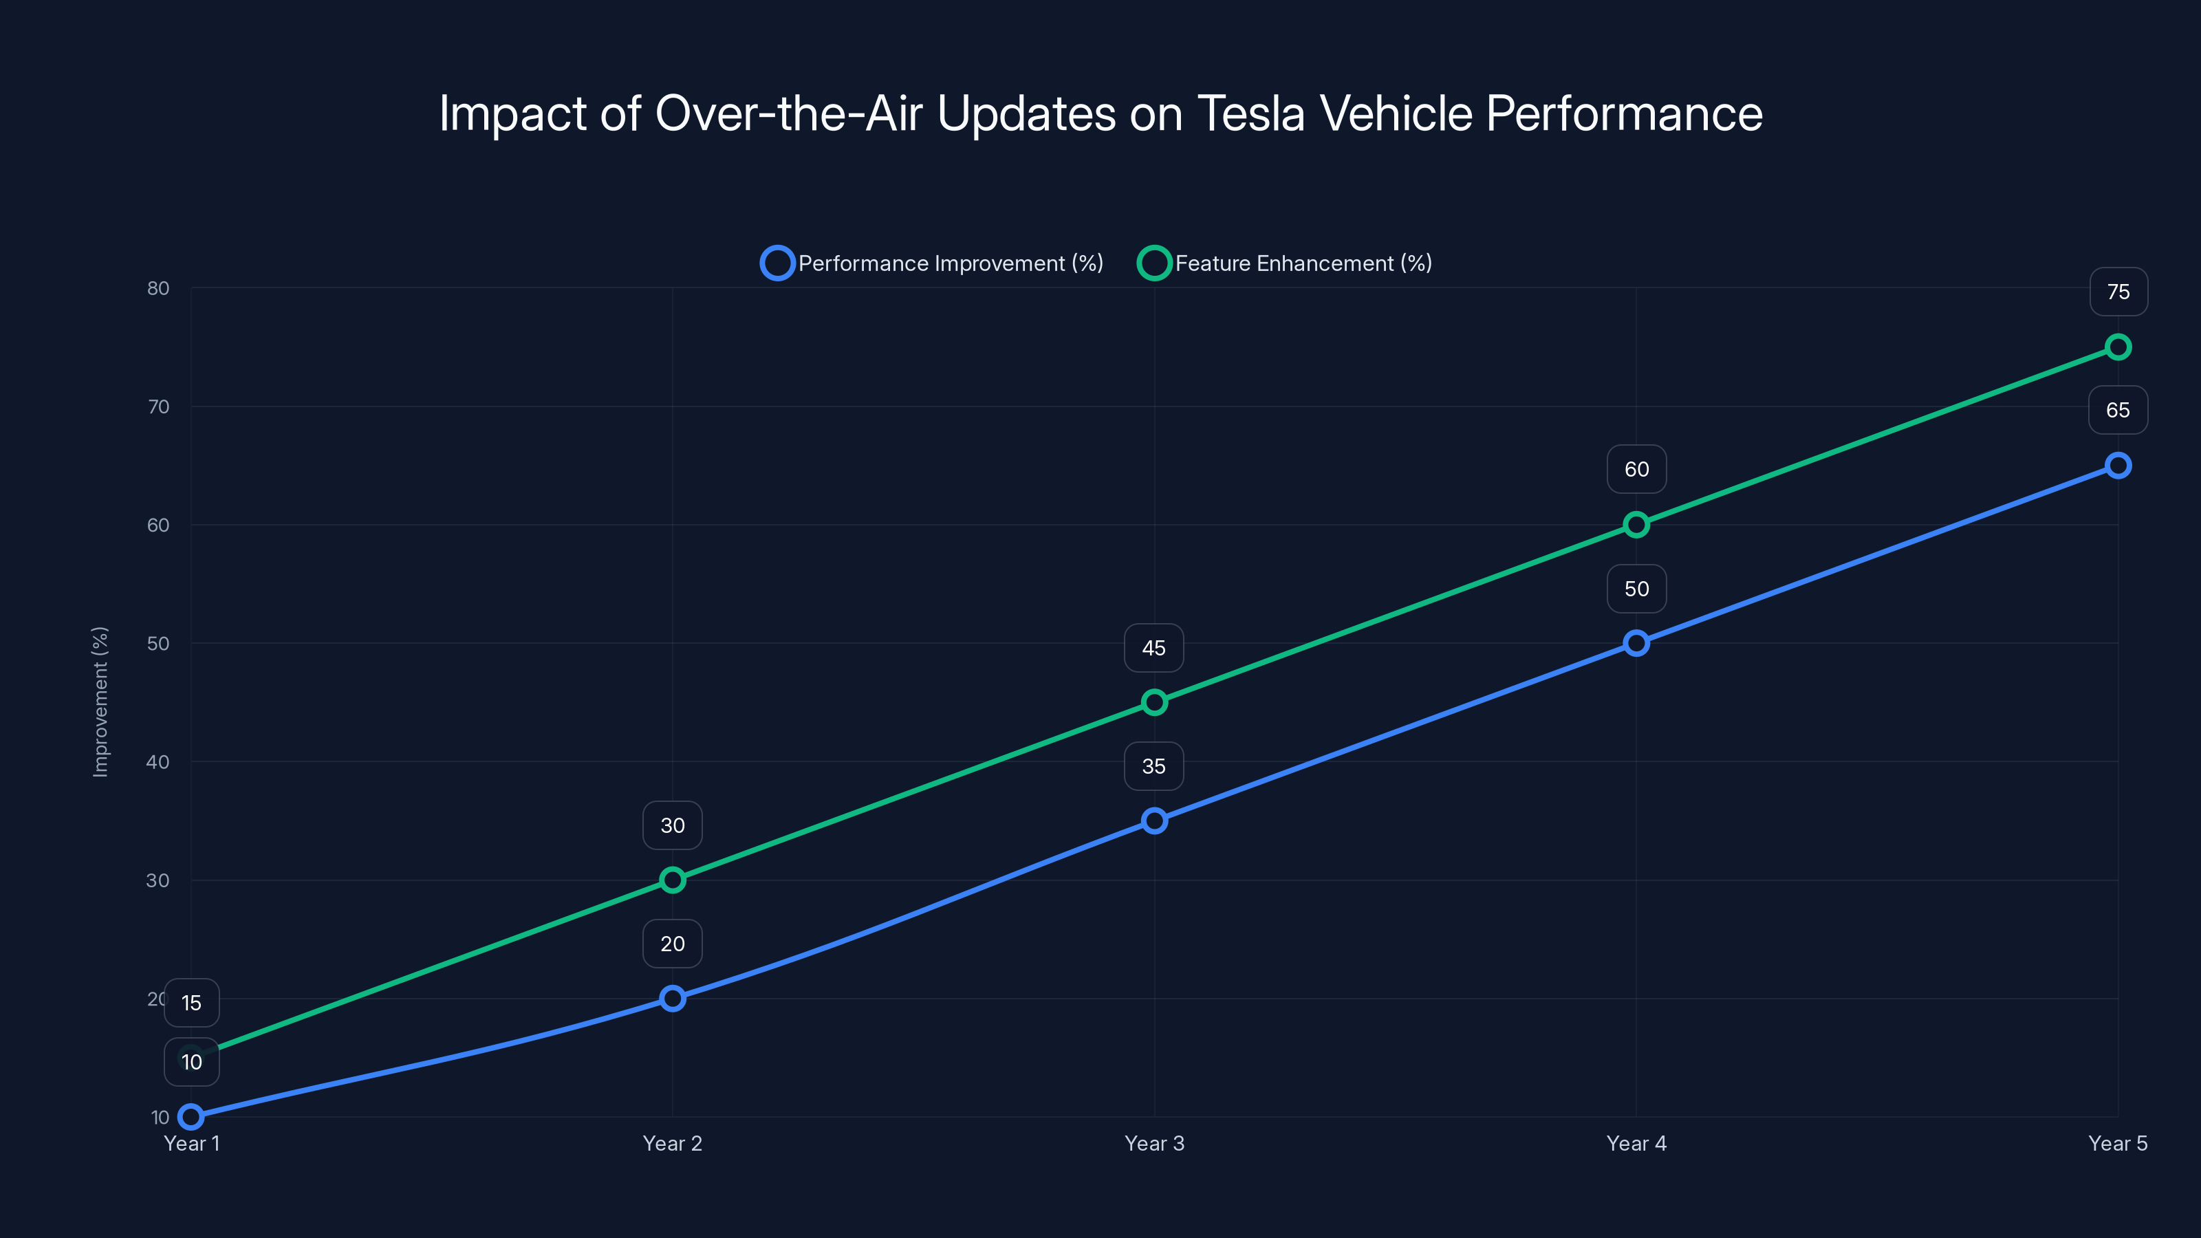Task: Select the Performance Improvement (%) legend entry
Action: click(932, 263)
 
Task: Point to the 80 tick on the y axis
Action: click(158, 288)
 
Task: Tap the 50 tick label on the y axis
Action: click(158, 643)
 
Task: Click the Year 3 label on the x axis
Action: click(1154, 1143)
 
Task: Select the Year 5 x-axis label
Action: click(2117, 1143)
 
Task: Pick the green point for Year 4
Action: click(1636, 525)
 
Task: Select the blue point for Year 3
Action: click(1154, 821)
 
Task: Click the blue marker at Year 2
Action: click(673, 999)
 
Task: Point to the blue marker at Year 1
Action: click(191, 1117)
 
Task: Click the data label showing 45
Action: click(1153, 649)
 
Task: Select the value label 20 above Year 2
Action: click(673, 944)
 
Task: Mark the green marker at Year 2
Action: click(673, 880)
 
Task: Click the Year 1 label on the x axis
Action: click(191, 1143)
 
